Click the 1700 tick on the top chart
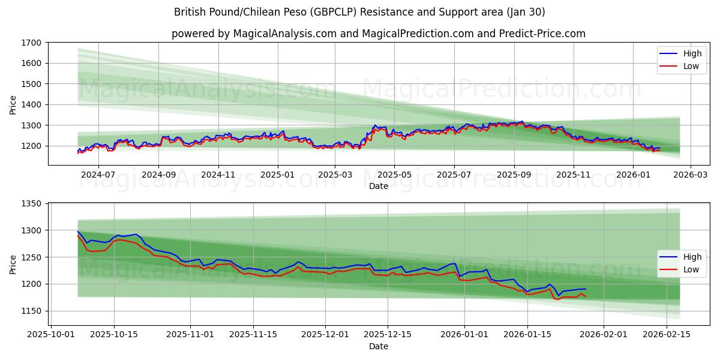click(x=31, y=43)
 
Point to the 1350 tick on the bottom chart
click(x=31, y=204)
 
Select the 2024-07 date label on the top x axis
click(x=98, y=175)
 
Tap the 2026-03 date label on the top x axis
click(x=690, y=175)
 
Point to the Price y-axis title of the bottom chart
click(x=13, y=264)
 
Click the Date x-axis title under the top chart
click(x=378, y=186)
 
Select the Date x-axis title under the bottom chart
click(x=378, y=346)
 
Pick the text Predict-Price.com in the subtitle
click(x=542, y=34)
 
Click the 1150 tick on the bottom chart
click(x=31, y=311)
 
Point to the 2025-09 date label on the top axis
click(x=514, y=175)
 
